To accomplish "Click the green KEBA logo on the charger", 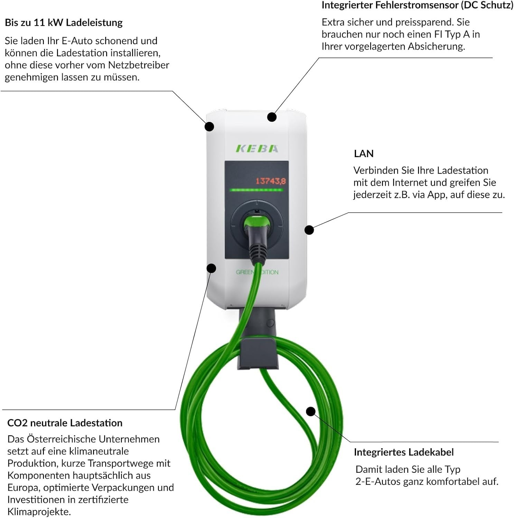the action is coord(257,148).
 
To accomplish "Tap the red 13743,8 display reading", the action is coord(271,181).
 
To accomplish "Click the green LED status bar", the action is coord(256,190).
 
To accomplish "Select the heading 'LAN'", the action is coord(364,154).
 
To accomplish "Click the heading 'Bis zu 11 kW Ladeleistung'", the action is coord(64,23).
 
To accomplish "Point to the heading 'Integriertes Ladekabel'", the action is coord(404,452).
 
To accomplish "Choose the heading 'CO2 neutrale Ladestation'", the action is coord(65,423).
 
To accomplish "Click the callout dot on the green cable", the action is coord(311,411).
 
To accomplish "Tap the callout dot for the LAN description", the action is coord(309,230).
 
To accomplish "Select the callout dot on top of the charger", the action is coord(272,117).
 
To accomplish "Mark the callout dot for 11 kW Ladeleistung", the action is coord(209,126).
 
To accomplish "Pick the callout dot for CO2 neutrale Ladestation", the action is coord(211,268).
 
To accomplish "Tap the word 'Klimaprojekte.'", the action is coord(39,512).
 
